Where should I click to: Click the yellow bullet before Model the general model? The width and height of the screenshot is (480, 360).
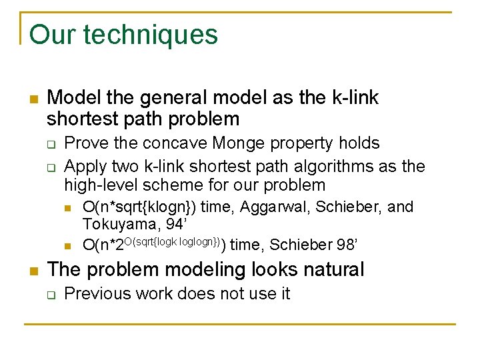click(x=33, y=100)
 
